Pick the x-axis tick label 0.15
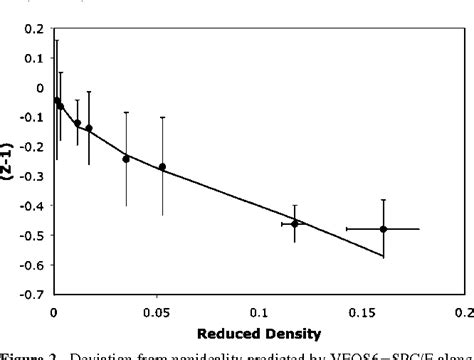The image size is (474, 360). pos(361,312)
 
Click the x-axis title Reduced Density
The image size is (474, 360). pos(258,332)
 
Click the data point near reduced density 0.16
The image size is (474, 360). pos(383,229)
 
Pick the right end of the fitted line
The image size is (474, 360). pos(383,257)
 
